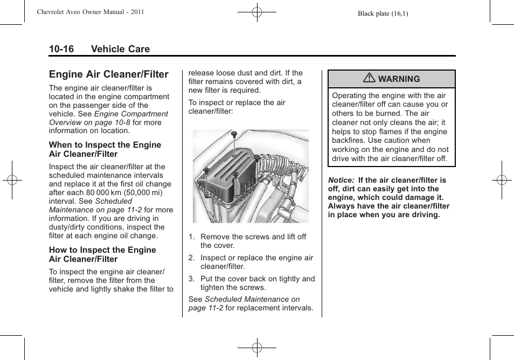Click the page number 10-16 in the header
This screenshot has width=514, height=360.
coord(61,49)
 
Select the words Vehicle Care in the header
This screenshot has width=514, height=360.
coord(120,49)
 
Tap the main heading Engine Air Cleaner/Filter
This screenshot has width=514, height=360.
coord(108,74)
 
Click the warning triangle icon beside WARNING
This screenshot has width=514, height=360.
coord(369,79)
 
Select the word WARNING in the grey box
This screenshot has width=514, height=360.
coord(399,79)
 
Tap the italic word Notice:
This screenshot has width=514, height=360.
coord(341,180)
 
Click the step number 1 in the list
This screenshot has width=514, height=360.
coord(191,237)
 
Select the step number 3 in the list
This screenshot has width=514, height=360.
coord(191,279)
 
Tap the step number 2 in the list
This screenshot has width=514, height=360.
coord(191,258)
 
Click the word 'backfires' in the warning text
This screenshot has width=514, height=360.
coord(349,141)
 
